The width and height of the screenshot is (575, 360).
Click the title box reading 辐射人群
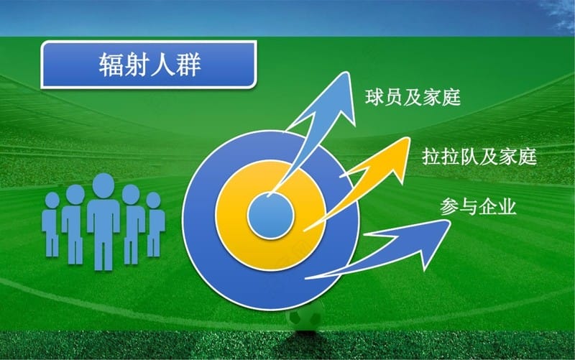pos(149,65)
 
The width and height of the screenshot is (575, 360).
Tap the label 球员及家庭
pos(413,98)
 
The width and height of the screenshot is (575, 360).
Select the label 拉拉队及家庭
pos(479,157)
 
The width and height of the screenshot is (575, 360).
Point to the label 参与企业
pos(478,206)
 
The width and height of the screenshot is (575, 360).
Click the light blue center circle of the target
pos(271,216)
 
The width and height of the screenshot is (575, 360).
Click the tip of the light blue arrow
pos(346,73)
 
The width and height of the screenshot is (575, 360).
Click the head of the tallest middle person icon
pos(103,185)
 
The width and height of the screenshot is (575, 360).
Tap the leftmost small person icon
pos(51,223)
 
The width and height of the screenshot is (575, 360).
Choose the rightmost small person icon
pos(155,223)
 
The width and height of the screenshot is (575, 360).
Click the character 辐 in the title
pos(111,65)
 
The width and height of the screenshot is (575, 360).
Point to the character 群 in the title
pos(188,65)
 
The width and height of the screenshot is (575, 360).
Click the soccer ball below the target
pos(305,318)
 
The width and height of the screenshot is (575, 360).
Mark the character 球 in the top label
pos(374,98)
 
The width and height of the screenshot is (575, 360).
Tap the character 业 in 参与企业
pos(507,206)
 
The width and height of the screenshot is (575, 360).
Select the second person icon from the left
pos(75,223)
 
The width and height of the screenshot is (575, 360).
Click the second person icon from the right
pos(132,223)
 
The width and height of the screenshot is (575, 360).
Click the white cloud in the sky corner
pos(561,15)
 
